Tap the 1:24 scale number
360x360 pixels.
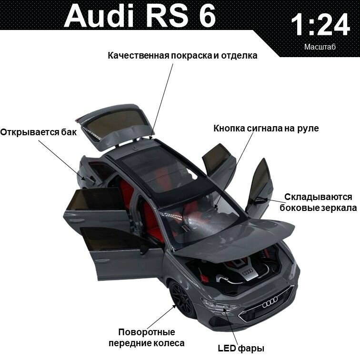pos(320,25)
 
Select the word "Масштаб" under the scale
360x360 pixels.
pos(320,47)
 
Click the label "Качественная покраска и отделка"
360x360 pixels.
pos(182,56)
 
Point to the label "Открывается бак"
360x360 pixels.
pos(38,132)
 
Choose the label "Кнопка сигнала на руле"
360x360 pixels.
pos(266,128)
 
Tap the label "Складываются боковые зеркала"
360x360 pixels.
pos(318,202)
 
